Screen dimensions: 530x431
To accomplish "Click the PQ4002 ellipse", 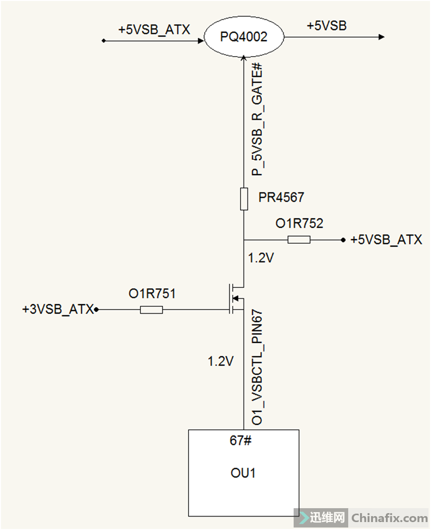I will tap(244, 37).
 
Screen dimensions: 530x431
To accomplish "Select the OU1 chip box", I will tap(244, 473).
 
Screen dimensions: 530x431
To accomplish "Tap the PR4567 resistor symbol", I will tap(244, 199).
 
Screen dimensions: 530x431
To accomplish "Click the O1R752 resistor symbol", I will tap(299, 240).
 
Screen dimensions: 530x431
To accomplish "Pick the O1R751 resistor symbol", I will tap(151, 310).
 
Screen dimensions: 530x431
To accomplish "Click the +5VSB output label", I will tap(326, 26).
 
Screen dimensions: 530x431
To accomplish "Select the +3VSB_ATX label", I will tap(58, 310).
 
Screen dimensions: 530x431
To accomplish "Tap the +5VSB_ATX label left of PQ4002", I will tap(154, 30).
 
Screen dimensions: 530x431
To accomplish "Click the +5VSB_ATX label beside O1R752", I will tap(386, 240).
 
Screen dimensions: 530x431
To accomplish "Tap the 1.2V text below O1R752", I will tap(261, 258).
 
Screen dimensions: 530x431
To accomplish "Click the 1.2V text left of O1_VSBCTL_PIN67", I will tap(221, 362).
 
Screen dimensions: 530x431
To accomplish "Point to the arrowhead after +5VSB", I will tap(381, 37).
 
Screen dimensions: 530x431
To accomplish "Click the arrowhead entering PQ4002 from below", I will tap(244, 59).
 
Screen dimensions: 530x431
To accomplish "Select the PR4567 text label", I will tap(281, 198).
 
